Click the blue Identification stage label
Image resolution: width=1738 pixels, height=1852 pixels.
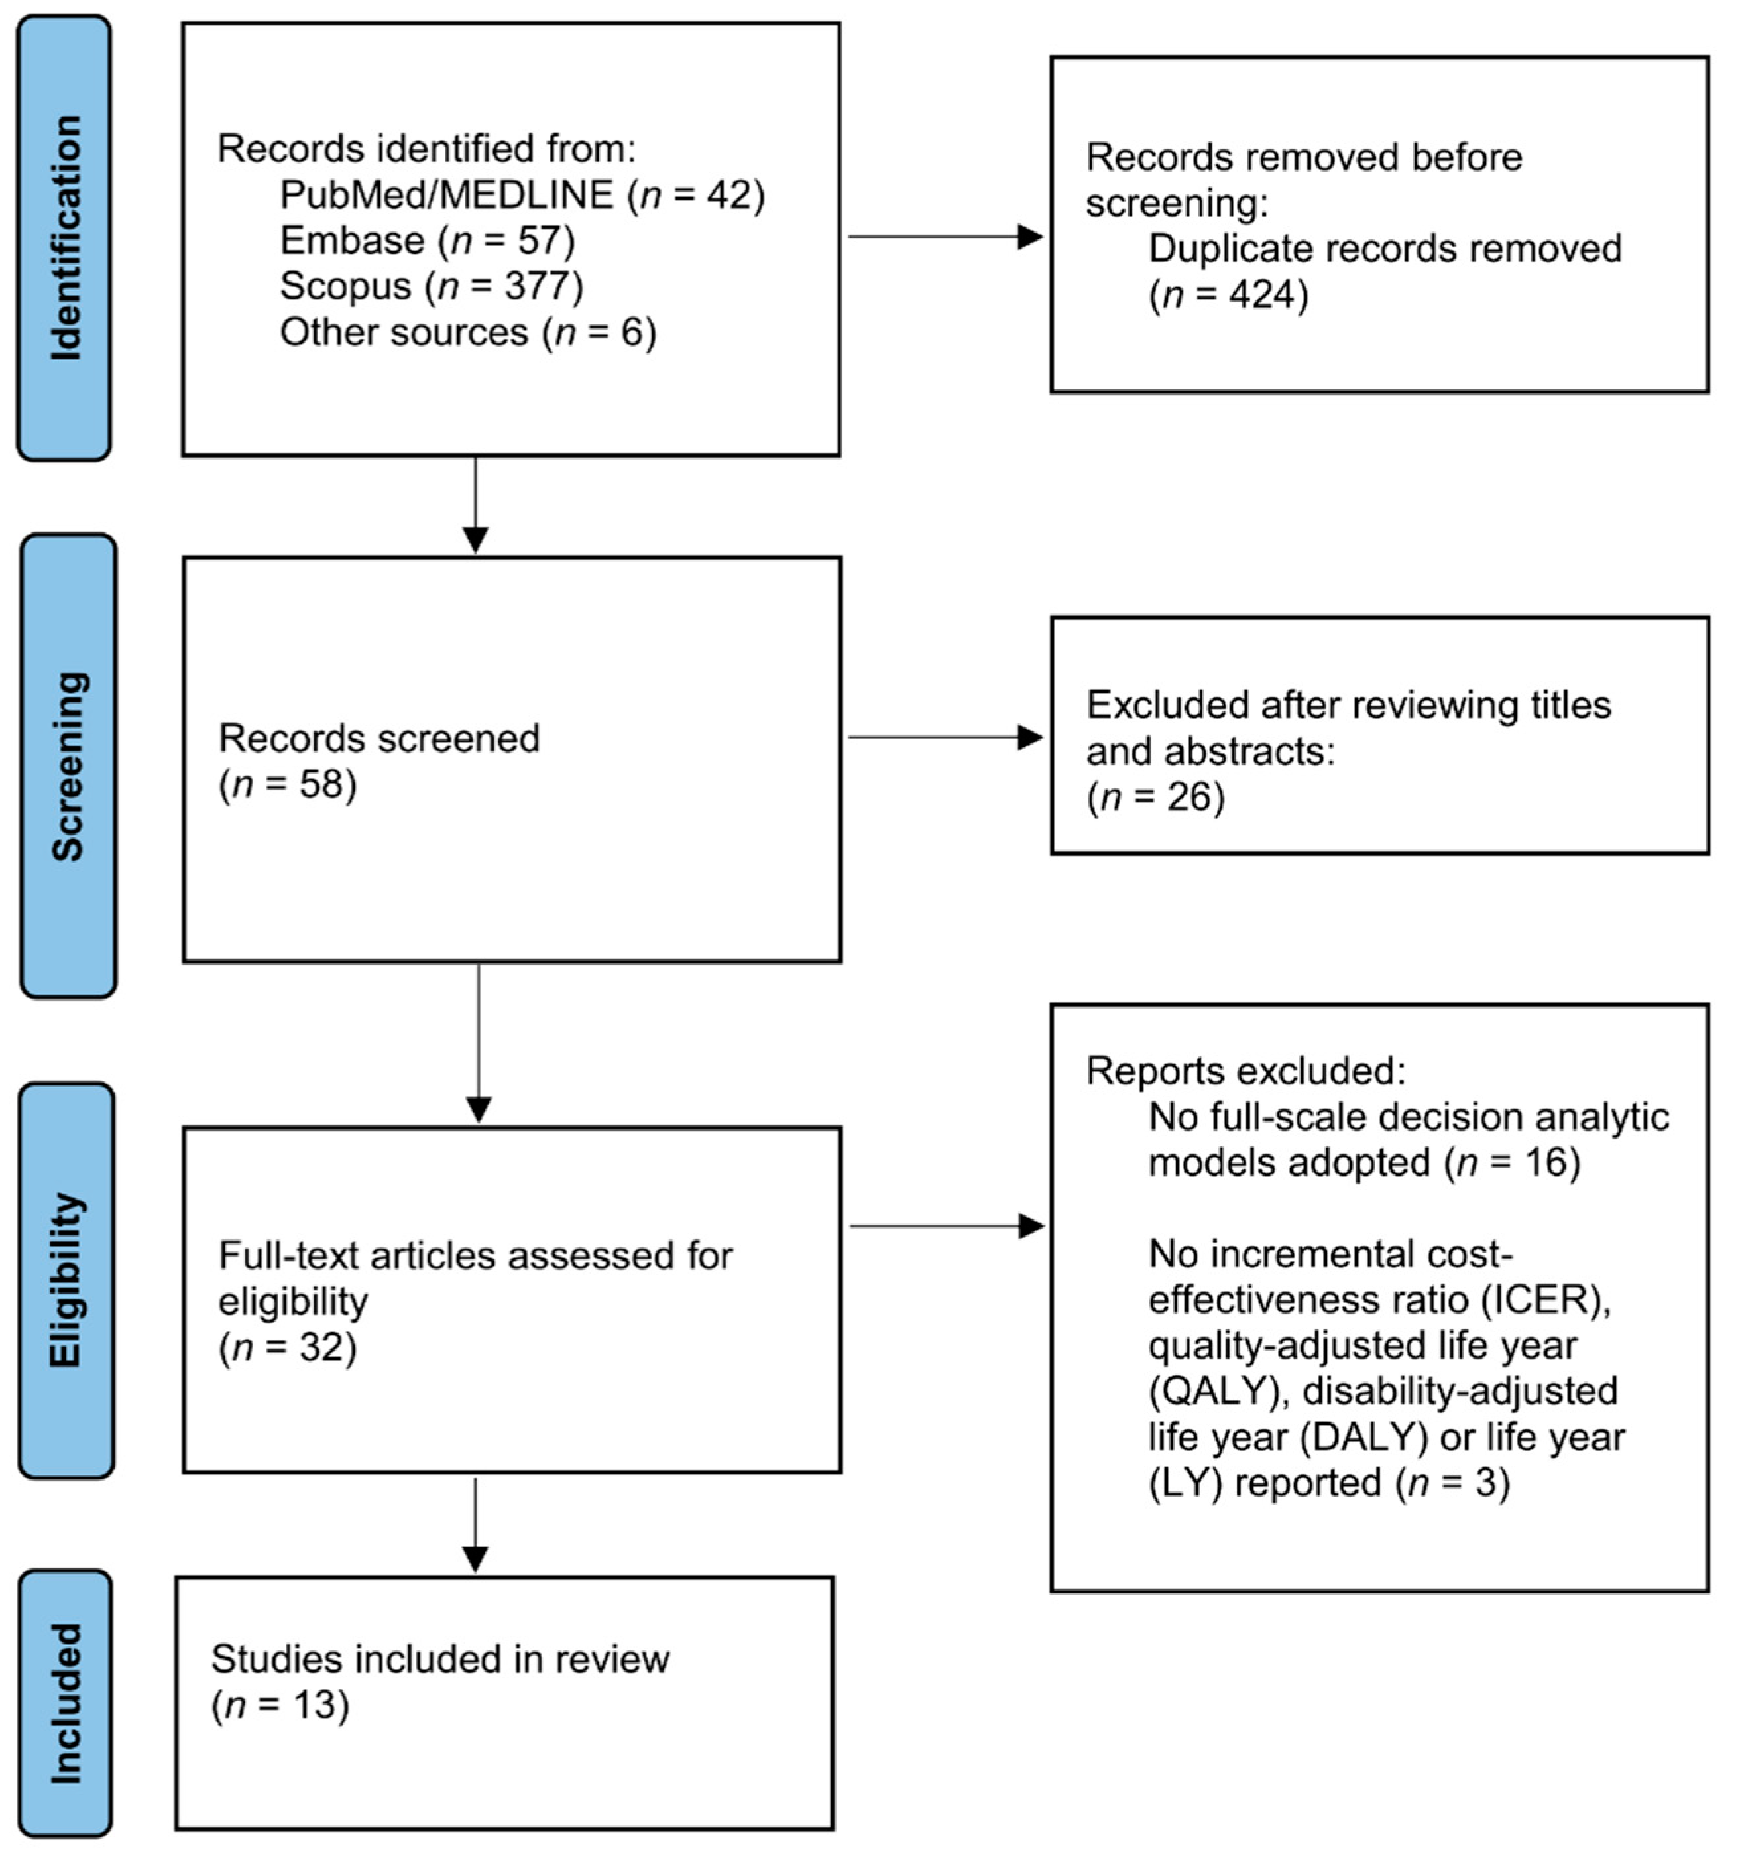tap(64, 237)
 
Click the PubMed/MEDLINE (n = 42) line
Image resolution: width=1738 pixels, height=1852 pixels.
tap(522, 195)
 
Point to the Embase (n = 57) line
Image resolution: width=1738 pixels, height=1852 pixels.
tap(428, 240)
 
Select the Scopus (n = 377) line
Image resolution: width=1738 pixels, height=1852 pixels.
tap(432, 286)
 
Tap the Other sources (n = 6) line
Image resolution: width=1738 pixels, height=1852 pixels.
tap(467, 332)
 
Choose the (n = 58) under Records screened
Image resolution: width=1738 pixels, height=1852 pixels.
tap(288, 784)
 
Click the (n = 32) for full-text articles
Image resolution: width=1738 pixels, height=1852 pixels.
tap(288, 1347)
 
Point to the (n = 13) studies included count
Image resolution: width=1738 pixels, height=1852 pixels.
tap(280, 1705)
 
